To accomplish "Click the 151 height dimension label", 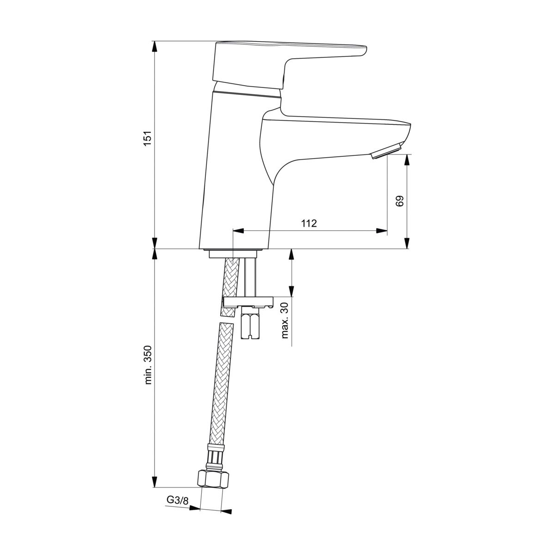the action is click(148, 138).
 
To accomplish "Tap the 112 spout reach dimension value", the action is click(309, 223).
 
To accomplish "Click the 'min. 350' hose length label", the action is click(148, 365).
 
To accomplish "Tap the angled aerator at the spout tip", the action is click(386, 152).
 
